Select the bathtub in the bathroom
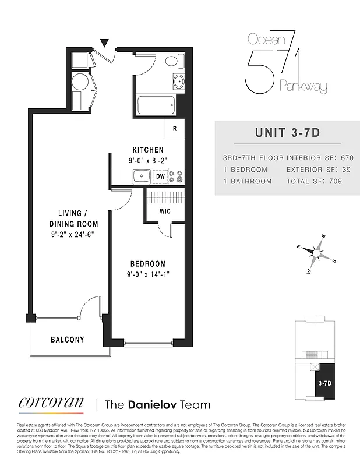156,106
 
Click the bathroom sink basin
179,82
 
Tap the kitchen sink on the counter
140,175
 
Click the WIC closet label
165,211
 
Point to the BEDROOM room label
148,264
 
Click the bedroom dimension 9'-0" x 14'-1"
148,274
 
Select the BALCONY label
67,340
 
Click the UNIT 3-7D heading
287,132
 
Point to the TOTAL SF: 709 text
313,181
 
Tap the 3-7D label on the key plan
325,383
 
